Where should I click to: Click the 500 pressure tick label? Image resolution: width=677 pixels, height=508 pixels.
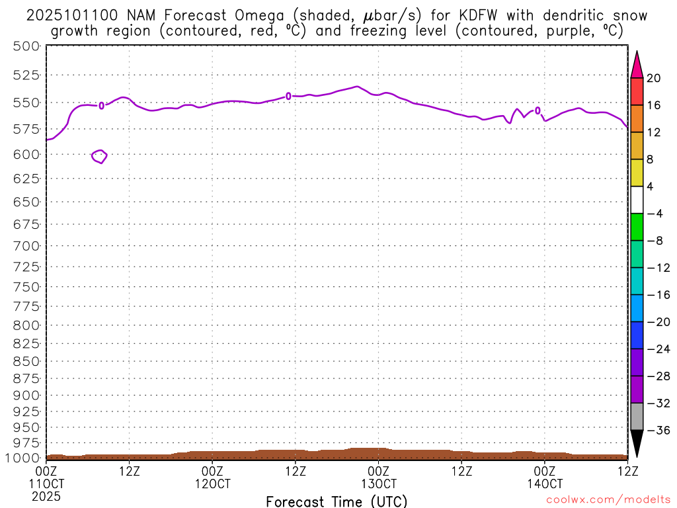(x=26, y=46)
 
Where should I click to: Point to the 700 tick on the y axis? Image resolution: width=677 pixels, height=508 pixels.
(x=26, y=246)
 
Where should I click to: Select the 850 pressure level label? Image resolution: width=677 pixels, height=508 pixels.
(x=26, y=361)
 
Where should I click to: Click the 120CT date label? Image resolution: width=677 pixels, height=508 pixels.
(x=212, y=484)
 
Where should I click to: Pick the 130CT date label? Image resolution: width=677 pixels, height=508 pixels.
(x=378, y=484)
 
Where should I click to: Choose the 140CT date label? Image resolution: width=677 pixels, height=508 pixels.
(x=544, y=484)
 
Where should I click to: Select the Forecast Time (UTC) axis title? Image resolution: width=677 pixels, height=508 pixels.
(x=337, y=501)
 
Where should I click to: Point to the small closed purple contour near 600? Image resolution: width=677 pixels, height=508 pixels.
(x=99, y=156)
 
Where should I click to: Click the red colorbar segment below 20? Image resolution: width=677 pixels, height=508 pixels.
(x=637, y=91)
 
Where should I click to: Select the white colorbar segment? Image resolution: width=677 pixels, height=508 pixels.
(x=637, y=200)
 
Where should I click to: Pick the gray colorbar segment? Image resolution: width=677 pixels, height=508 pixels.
(x=637, y=416)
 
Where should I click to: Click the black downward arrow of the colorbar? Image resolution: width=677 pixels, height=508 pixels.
(x=637, y=442)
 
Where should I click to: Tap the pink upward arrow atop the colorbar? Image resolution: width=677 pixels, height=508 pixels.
(x=637, y=65)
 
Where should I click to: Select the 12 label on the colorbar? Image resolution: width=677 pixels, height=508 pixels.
(x=653, y=132)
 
